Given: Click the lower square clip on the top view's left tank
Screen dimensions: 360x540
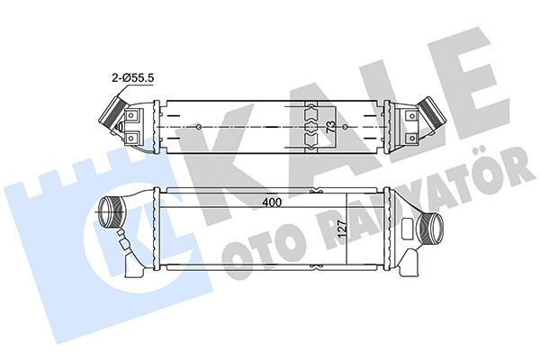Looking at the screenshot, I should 132,137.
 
